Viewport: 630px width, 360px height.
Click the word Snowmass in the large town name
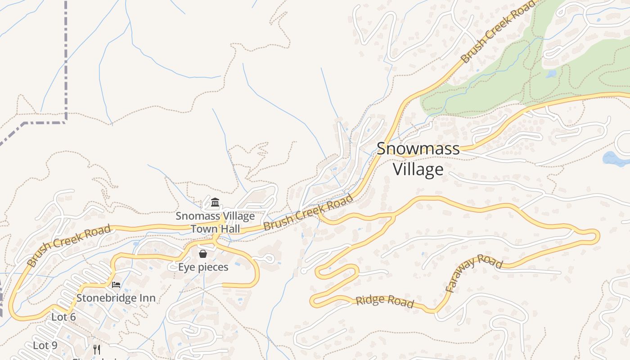pyautogui.click(x=418, y=149)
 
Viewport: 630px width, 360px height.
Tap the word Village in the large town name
pyautogui.click(x=418, y=170)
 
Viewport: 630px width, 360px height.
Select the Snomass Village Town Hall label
pyautogui.click(x=215, y=222)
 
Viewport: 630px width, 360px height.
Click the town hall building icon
pyautogui.click(x=215, y=202)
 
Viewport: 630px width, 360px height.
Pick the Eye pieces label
pyautogui.click(x=203, y=267)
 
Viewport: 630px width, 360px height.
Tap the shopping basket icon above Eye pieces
pyautogui.click(x=203, y=254)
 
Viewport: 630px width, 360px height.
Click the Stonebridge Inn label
pyautogui.click(x=116, y=298)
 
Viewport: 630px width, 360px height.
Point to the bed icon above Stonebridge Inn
pyautogui.click(x=116, y=285)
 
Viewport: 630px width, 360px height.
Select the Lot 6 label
pyautogui.click(x=63, y=317)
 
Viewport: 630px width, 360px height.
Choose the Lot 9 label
pyautogui.click(x=45, y=346)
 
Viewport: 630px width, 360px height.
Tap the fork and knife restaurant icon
pyautogui.click(x=96, y=349)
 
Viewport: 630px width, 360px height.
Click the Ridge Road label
pyautogui.click(x=385, y=301)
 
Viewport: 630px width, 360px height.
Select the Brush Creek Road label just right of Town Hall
pyautogui.click(x=308, y=213)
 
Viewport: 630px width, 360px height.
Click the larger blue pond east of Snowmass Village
pyautogui.click(x=616, y=159)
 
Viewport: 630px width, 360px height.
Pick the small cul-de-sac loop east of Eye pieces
pyautogui.click(x=269, y=259)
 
